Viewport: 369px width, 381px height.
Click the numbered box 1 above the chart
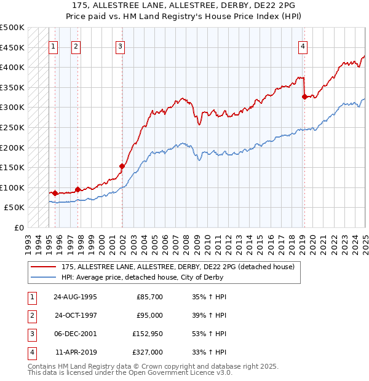pos(54,46)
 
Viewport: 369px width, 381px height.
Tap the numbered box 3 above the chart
pos(120,46)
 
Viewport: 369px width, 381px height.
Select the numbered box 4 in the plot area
pos(303,46)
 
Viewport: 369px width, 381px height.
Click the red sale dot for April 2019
pos(304,96)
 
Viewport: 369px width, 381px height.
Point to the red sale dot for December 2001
pos(122,166)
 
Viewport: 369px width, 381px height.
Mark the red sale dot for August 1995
pos(55,193)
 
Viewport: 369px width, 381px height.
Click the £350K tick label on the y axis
pos(12,87)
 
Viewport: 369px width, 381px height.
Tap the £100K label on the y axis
pos(12,187)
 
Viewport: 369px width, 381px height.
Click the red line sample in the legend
pos(44,267)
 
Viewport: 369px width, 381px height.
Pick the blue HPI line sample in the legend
pos(44,277)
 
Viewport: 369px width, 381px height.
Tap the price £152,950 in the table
pos(147,334)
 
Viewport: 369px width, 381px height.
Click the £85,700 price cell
pos(149,297)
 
